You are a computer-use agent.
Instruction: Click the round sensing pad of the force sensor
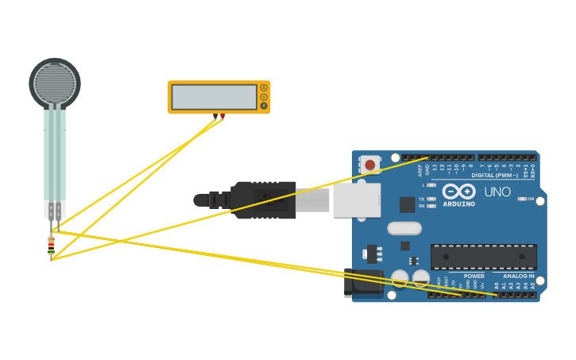[x=55, y=83]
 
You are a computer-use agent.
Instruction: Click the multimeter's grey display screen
[x=214, y=97]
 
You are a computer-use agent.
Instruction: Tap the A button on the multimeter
[x=264, y=88]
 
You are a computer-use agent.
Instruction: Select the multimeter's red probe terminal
[x=222, y=116]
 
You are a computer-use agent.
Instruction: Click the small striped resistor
[x=51, y=247]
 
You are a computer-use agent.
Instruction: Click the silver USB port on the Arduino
[x=356, y=200]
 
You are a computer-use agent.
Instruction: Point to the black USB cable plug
[x=262, y=200]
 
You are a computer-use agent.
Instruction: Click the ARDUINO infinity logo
[x=458, y=192]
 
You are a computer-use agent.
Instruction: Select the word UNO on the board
[x=497, y=192]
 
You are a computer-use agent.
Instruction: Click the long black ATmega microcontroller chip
[x=483, y=257]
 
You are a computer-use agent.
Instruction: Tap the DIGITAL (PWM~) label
[x=494, y=176]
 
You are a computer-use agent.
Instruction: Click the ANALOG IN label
[x=518, y=277]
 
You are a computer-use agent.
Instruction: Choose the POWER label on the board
[x=474, y=277]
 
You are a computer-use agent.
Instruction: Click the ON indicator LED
[x=521, y=199]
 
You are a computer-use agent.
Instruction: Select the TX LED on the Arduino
[x=431, y=199]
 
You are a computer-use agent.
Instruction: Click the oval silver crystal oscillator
[x=404, y=229]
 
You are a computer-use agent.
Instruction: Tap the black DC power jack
[x=362, y=283]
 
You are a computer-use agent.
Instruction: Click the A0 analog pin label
[x=497, y=285]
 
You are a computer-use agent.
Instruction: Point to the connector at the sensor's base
[x=54, y=210]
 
